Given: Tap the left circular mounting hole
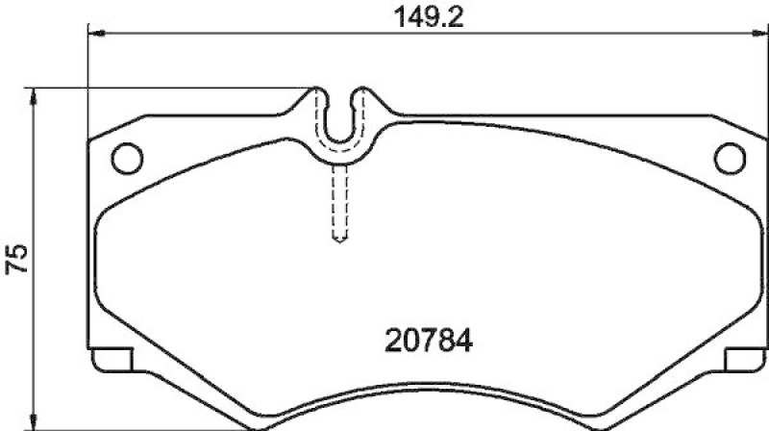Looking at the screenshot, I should pos(127,157).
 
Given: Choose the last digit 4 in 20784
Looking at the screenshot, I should pos(466,341).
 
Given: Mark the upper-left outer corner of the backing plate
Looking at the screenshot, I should pos(88,142).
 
